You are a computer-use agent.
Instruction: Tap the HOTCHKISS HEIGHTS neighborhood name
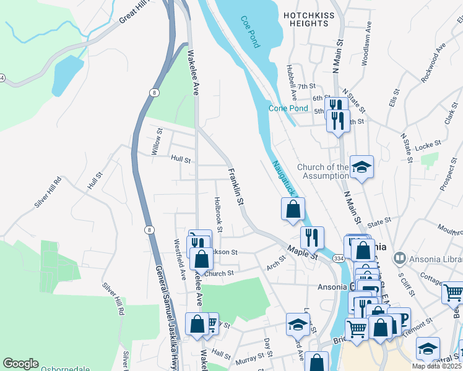(x=306, y=19)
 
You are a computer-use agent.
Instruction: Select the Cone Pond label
(x=288, y=108)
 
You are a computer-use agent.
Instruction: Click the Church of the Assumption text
(x=322, y=171)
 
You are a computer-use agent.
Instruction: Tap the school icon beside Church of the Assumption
(x=361, y=167)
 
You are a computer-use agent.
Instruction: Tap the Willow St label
(x=156, y=142)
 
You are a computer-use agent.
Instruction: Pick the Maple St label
(x=302, y=252)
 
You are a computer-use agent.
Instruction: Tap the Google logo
(x=20, y=364)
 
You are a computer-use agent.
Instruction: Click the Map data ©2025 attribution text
(x=436, y=366)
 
